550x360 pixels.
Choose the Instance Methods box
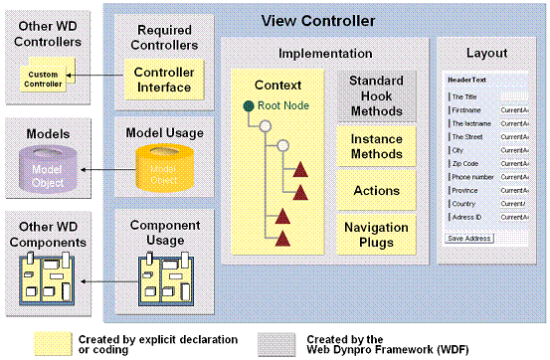click(x=376, y=145)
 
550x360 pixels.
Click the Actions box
click(x=376, y=189)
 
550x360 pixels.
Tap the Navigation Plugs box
click(x=376, y=235)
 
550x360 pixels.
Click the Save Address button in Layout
click(x=469, y=239)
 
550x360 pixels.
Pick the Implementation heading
click(x=325, y=53)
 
